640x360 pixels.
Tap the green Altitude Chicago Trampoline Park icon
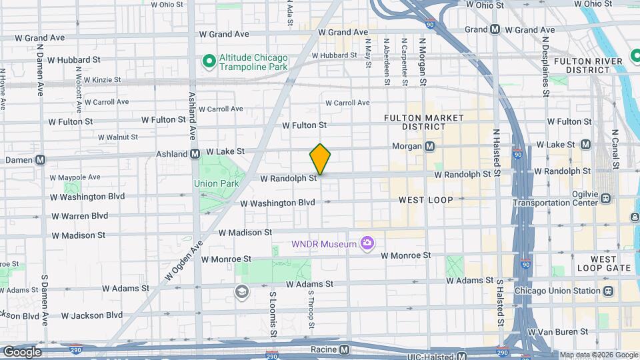click(209, 62)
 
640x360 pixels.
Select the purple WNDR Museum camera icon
click(367, 244)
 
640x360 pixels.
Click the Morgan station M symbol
click(430, 146)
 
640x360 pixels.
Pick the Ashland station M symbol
click(195, 154)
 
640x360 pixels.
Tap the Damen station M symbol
click(41, 160)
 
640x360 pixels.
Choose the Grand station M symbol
click(495, 29)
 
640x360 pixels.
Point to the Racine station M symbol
click(344, 349)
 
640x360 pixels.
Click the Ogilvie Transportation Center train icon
click(606, 198)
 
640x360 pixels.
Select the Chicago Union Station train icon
click(608, 291)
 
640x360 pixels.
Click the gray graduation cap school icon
click(241, 291)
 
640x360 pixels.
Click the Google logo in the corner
click(21, 352)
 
